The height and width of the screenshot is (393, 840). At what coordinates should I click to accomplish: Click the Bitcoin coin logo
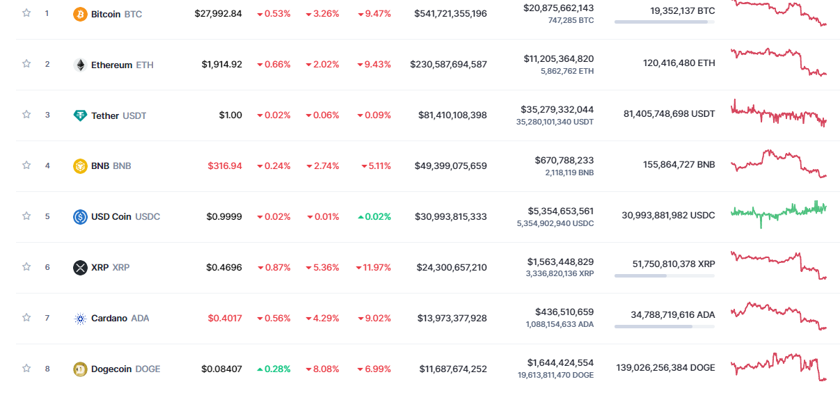(x=80, y=14)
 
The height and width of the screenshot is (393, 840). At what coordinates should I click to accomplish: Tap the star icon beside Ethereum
(x=26, y=64)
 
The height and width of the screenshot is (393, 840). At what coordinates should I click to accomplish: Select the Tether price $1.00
(x=229, y=115)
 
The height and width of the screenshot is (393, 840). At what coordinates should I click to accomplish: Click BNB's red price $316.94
(x=225, y=166)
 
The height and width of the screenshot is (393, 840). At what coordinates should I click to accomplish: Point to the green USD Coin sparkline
(x=778, y=211)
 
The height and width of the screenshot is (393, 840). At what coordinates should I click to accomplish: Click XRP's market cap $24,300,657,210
(x=452, y=267)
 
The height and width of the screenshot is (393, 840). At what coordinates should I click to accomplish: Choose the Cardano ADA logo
(x=80, y=319)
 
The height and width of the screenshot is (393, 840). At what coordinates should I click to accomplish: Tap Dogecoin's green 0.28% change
(x=274, y=369)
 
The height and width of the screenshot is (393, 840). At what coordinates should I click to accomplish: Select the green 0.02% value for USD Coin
(x=374, y=217)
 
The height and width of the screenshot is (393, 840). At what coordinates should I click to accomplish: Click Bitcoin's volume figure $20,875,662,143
(x=558, y=8)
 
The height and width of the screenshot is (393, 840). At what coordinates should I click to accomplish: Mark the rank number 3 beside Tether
(x=47, y=115)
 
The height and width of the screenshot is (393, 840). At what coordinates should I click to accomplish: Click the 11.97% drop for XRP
(x=374, y=267)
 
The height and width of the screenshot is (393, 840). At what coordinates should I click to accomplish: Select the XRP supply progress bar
(x=664, y=276)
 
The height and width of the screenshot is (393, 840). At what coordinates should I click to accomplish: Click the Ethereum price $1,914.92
(x=222, y=65)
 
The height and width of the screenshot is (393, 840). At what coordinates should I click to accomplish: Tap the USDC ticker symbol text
(x=148, y=217)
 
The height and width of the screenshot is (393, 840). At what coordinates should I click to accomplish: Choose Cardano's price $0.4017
(x=225, y=319)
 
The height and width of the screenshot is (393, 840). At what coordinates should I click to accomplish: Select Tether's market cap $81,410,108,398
(x=452, y=115)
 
